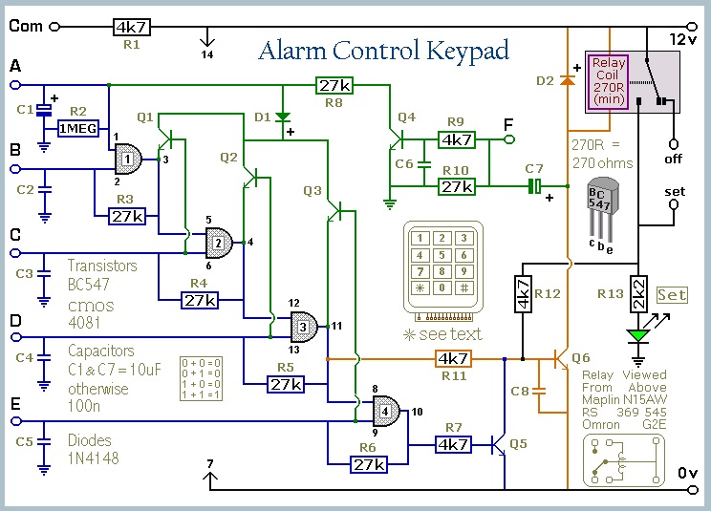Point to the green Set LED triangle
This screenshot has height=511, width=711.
coord(638,334)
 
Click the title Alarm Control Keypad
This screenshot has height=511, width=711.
coord(383,51)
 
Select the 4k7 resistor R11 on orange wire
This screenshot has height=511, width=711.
coord(453,359)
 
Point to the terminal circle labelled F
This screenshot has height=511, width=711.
coord(509,139)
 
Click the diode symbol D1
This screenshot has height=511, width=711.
coord(283,117)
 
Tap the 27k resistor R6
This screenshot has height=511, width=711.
coord(368,464)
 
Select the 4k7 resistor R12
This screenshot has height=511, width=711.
coord(523,294)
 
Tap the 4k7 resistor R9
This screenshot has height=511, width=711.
coord(457,139)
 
